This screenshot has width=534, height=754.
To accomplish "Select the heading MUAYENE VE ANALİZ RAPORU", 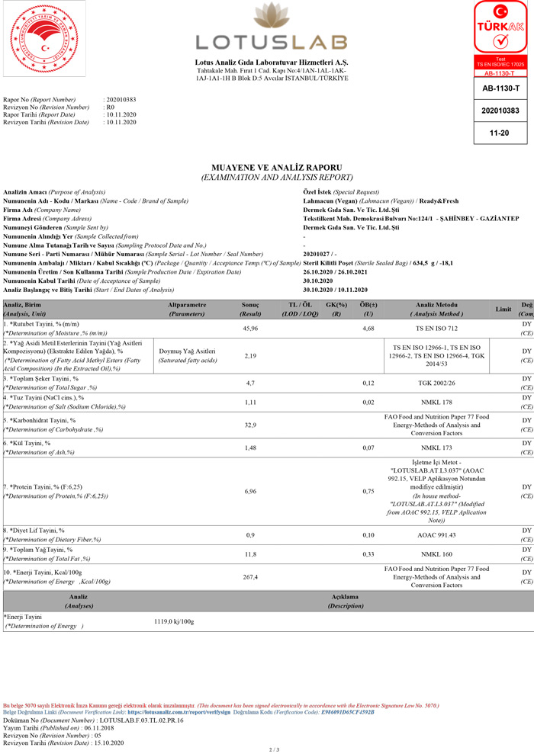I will click(x=275, y=167).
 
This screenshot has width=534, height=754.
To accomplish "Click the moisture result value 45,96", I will click(x=250, y=329).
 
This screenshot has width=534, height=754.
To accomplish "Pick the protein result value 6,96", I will click(x=250, y=491).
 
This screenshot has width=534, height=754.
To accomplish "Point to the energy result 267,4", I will click(x=250, y=577).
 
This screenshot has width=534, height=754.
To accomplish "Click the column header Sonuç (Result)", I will click(x=250, y=309).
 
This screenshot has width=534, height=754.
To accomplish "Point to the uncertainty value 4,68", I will click(x=368, y=329).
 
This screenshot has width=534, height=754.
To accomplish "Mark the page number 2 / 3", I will click(x=275, y=749).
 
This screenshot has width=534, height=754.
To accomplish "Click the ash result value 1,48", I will click(x=250, y=448).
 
